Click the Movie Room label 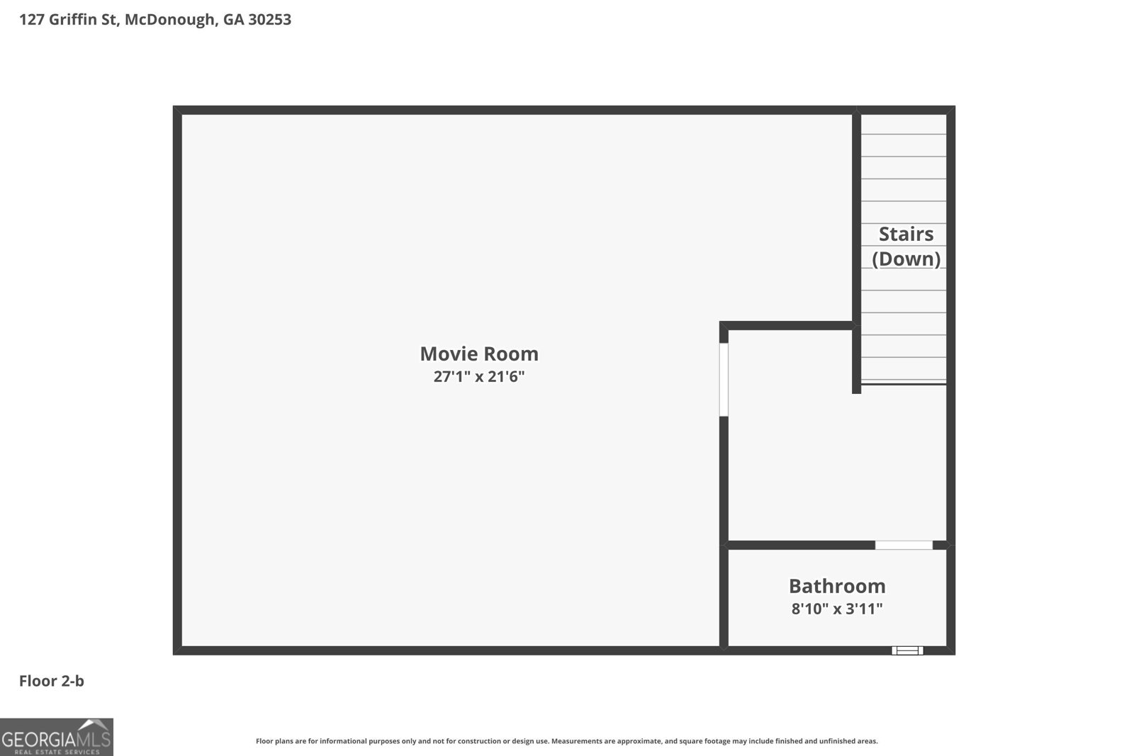[x=479, y=354]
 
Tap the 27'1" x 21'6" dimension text [x=479, y=376]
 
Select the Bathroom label [x=837, y=586]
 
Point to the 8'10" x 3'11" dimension [x=837, y=609]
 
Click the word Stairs [x=906, y=234]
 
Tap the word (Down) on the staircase [x=906, y=259]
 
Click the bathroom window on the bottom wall [x=907, y=650]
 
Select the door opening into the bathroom [x=904, y=545]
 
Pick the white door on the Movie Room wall [x=724, y=379]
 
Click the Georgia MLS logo [x=57, y=737]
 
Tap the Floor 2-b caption [x=51, y=681]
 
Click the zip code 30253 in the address [x=269, y=20]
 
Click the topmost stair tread [x=904, y=124]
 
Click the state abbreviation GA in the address [x=233, y=20]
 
